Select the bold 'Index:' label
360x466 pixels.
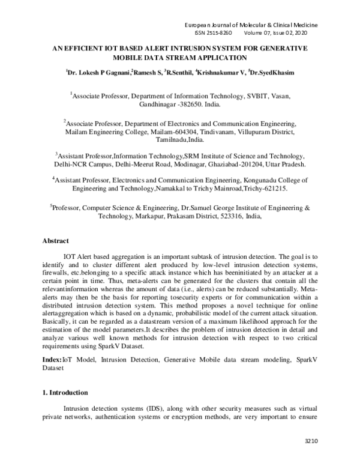(x=52, y=359)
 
